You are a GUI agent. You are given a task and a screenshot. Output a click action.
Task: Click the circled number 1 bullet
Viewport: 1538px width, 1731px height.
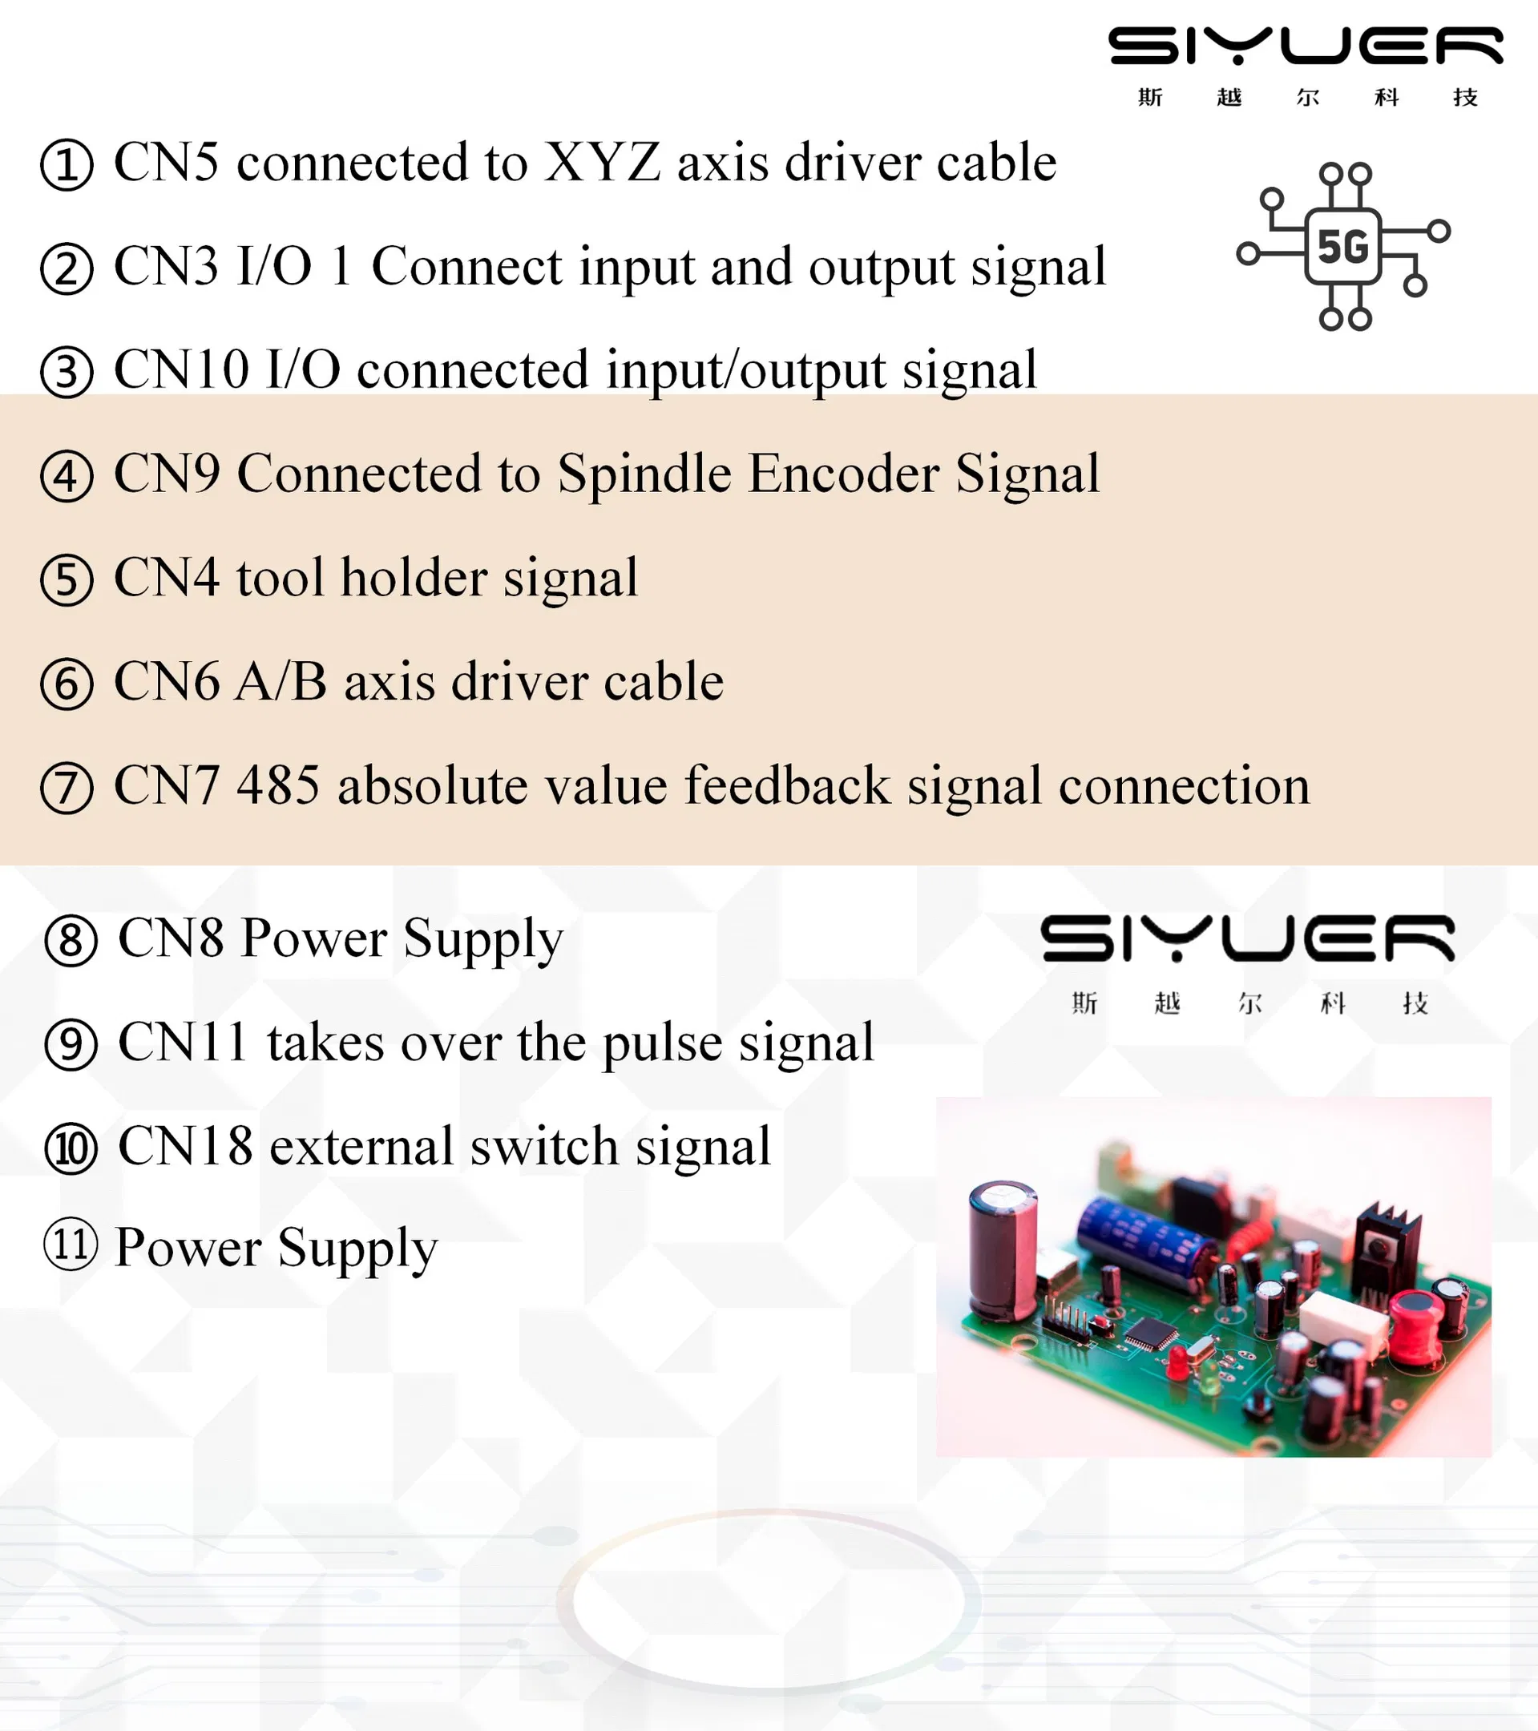[x=66, y=165]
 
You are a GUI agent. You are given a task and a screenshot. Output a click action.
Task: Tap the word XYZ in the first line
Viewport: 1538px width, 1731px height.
[x=601, y=162]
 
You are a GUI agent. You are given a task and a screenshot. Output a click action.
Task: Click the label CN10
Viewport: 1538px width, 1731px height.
[x=181, y=369]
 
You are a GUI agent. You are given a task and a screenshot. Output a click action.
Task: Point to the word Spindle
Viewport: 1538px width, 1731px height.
[x=644, y=474]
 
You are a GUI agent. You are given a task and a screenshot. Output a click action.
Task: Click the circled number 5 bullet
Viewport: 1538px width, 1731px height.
[x=66, y=580]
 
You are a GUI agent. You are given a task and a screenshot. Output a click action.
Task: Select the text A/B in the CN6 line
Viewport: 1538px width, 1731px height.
[x=281, y=682]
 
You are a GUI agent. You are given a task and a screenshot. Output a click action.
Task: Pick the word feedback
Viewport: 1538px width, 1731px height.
[x=787, y=785]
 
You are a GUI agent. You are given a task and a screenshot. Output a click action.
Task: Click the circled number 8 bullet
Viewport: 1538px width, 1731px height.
[x=71, y=940]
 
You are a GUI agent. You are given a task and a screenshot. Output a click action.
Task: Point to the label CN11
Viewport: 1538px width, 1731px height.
[x=182, y=1043]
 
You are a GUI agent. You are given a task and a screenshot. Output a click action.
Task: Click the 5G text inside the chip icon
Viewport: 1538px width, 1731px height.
[x=1342, y=248]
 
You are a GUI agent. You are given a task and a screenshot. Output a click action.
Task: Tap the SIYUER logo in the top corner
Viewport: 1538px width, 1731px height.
[x=1306, y=46]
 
